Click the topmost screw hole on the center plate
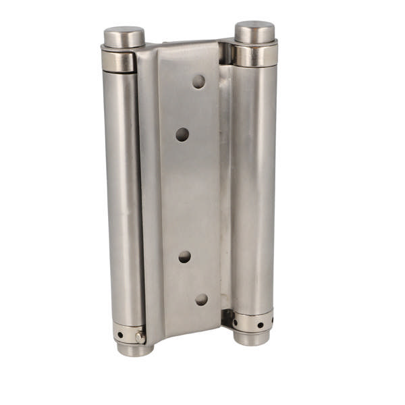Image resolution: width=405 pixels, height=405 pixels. point(198,82)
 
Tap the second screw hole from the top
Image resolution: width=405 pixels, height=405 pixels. point(182,134)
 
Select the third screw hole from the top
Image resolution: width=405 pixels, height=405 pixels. point(184,256)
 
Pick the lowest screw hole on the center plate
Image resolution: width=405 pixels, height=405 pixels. point(201,298)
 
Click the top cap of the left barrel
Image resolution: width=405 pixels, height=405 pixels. point(124,36)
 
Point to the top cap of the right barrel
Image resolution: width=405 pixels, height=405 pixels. point(254,31)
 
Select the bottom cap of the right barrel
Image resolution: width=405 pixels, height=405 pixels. point(252,338)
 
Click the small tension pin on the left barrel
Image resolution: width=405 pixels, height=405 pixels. point(140,336)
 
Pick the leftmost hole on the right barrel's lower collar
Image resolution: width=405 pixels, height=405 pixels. point(236,322)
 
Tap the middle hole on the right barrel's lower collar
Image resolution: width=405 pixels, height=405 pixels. point(260,325)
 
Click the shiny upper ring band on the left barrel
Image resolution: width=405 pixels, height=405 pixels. point(119,61)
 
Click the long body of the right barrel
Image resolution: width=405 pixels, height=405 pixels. point(255,189)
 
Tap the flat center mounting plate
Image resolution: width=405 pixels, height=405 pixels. point(189,196)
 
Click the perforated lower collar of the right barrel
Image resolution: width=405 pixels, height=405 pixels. point(252,322)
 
